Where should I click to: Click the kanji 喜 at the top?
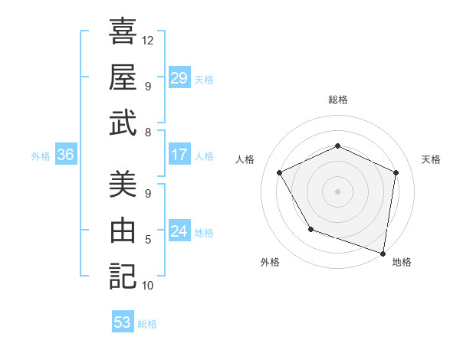(x=123, y=31)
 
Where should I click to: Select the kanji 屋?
(x=123, y=77)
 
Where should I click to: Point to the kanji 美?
(x=123, y=185)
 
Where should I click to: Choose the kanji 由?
(x=123, y=231)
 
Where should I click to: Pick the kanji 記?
(x=123, y=275)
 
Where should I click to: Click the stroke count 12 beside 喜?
(x=148, y=40)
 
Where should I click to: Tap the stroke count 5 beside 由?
(x=148, y=240)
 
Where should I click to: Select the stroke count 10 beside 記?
(x=148, y=286)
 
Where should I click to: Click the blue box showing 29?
(x=179, y=78)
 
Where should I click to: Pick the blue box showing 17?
(x=179, y=155)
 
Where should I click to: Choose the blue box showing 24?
(x=179, y=231)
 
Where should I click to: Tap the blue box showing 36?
(x=66, y=155)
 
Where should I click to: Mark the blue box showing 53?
(x=123, y=322)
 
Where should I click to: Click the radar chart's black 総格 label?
(x=337, y=100)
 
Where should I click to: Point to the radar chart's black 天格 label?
(x=431, y=159)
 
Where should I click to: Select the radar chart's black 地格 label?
(x=402, y=262)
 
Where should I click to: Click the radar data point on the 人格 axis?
(x=280, y=172)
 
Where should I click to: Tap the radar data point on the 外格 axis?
(x=310, y=229)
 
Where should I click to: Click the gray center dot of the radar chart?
(x=337, y=191)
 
